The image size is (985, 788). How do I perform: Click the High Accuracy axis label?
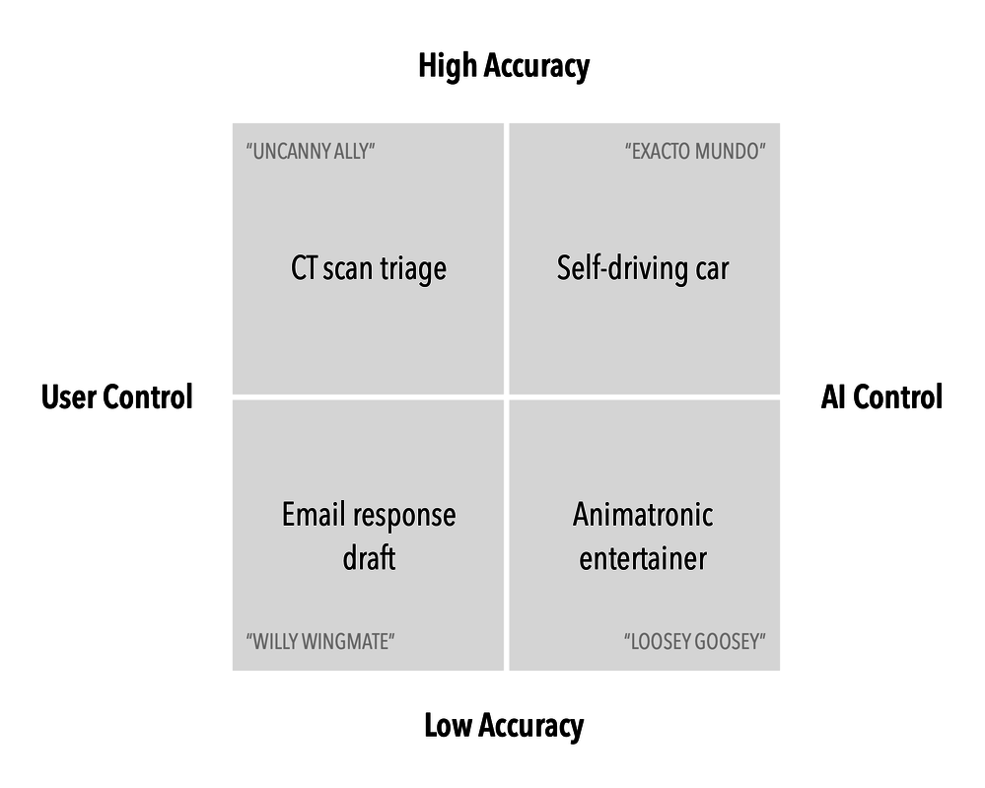[x=504, y=66]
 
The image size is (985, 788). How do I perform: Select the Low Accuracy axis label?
[x=503, y=726]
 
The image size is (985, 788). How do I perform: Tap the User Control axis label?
[x=116, y=397]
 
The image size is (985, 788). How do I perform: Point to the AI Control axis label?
[x=881, y=397]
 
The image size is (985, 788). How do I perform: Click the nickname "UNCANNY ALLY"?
[x=311, y=152]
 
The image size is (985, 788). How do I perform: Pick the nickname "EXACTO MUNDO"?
[x=695, y=152]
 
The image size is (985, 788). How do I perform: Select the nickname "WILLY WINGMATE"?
[x=320, y=641]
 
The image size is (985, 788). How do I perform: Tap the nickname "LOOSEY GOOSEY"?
[x=694, y=641]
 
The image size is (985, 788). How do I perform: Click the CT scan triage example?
[x=369, y=268]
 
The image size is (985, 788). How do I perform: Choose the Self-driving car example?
[x=643, y=268]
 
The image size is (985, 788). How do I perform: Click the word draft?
[x=369, y=558]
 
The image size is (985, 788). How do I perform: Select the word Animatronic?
[x=643, y=515]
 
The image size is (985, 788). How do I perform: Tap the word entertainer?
[x=643, y=558]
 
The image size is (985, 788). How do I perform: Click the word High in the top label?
[x=446, y=66]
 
